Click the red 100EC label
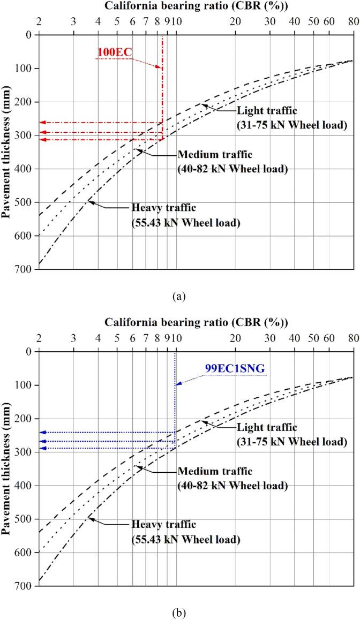pyautogui.click(x=114, y=52)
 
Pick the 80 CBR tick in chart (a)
pyautogui.click(x=352, y=21)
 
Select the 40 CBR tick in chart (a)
pyautogui.click(x=294, y=21)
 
